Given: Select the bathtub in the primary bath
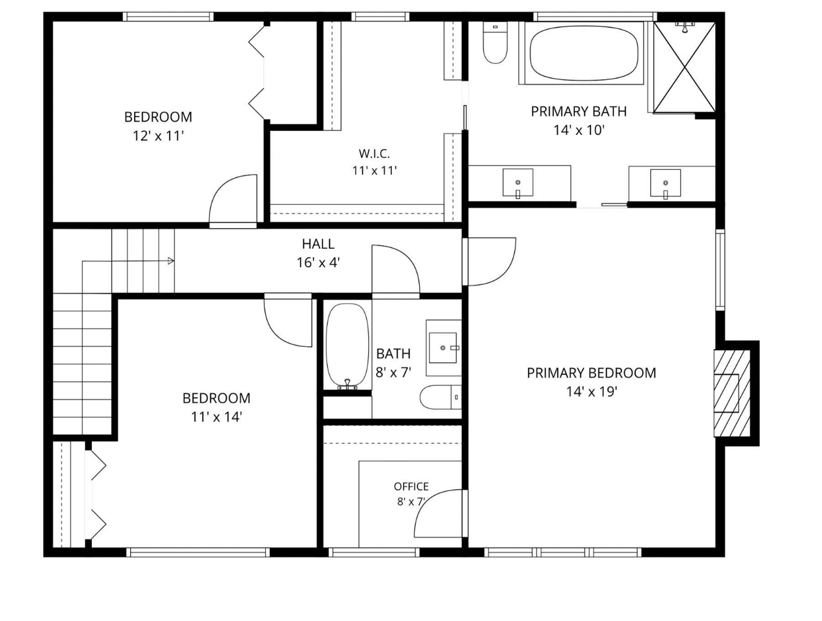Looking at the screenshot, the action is pos(584,53).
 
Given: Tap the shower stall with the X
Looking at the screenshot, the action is pos(684,67).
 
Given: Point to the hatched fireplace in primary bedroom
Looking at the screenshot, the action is pos(732,393).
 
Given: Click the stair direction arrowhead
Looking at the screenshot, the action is pos(171,261).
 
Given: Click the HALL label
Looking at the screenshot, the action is pos(318,244).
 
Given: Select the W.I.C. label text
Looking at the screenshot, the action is pos(374,153).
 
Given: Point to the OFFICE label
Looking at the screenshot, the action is pos(411,486).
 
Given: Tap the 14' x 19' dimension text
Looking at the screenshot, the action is pos(592,392).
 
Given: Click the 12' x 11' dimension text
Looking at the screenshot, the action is pos(158,136).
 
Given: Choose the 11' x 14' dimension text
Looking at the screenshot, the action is pos(216,417).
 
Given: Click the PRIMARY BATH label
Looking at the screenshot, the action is pos(579,111).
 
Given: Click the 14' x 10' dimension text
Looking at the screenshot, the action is pos(579,130).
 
